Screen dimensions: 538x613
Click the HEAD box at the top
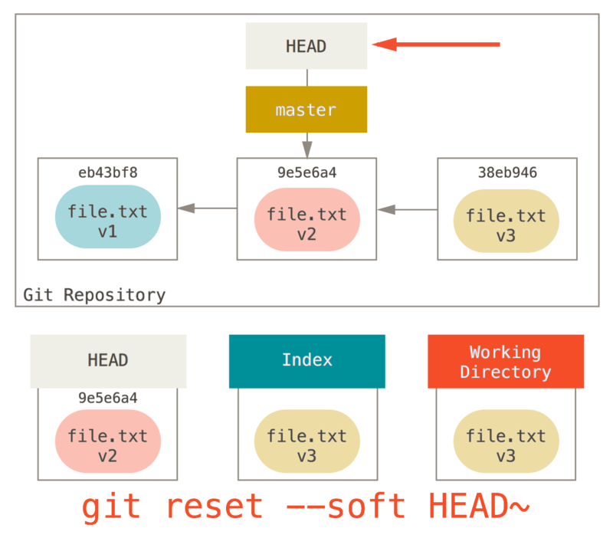click(x=306, y=46)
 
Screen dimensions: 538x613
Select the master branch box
click(x=306, y=110)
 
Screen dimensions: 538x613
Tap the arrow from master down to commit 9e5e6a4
click(x=306, y=145)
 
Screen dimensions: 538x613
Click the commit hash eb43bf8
click(x=108, y=172)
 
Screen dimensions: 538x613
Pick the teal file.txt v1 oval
click(x=108, y=220)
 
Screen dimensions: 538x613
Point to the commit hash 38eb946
click(x=506, y=173)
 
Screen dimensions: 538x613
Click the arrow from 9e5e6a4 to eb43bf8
click(x=207, y=208)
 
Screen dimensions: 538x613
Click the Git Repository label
click(x=94, y=295)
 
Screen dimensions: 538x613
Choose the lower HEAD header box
click(x=108, y=360)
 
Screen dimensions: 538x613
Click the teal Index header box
click(x=306, y=360)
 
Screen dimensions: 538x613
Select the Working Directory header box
click(x=506, y=362)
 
